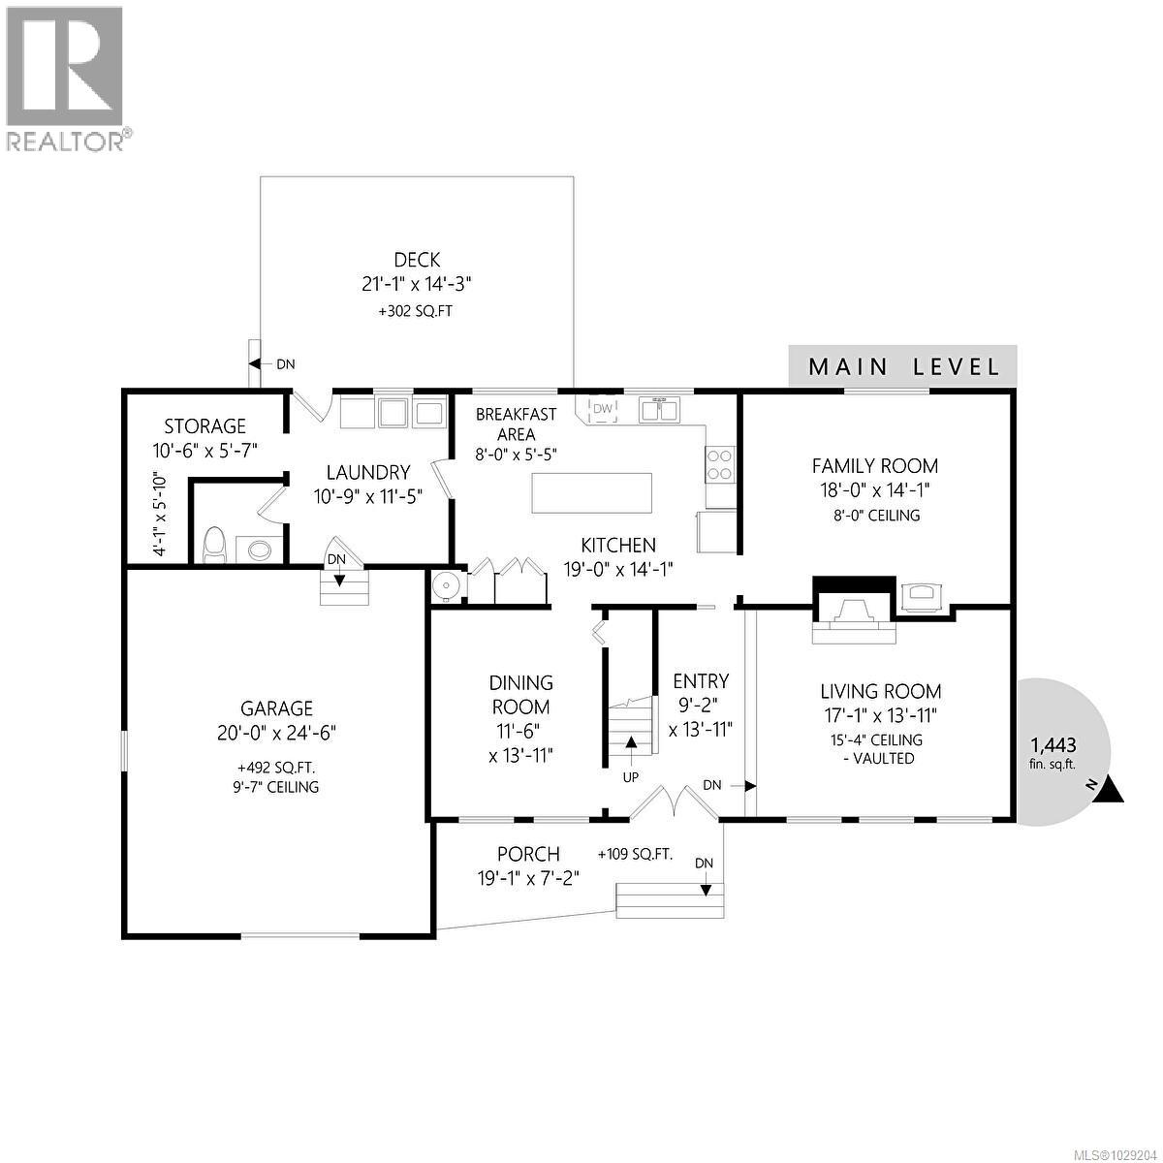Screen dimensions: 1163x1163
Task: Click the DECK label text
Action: tap(417, 260)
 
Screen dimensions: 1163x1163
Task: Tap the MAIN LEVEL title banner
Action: tap(903, 366)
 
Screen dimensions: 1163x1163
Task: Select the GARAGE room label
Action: tap(277, 708)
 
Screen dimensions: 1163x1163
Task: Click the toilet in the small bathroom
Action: tap(213, 547)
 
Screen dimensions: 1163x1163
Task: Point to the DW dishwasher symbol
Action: tap(603, 410)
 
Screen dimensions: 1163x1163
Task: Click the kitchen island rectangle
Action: tap(591, 492)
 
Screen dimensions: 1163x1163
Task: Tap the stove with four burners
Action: tap(720, 464)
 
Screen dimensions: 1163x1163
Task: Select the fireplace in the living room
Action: tap(852, 613)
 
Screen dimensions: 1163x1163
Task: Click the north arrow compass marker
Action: tap(1112, 790)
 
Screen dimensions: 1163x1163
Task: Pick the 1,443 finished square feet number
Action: tap(1053, 745)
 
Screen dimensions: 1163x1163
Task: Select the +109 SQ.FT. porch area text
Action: tap(636, 854)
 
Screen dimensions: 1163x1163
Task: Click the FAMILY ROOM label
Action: tap(875, 466)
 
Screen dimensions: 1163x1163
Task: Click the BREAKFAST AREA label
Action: tap(516, 424)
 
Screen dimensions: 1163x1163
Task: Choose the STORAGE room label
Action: tap(204, 426)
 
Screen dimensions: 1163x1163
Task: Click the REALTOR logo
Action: tap(66, 78)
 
